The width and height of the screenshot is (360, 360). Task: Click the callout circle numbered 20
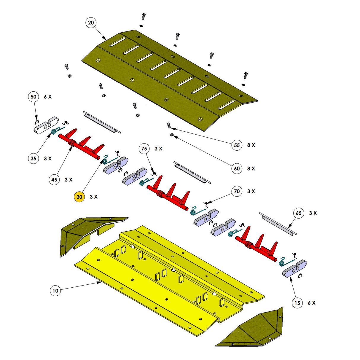pos(91,23)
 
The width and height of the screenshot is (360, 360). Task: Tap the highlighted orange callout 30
pos(79,197)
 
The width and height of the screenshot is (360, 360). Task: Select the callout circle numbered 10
pos(55,290)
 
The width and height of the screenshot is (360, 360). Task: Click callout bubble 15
pos(297,303)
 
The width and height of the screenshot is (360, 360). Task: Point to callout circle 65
pos(299,213)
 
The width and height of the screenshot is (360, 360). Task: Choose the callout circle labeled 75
pos(144,149)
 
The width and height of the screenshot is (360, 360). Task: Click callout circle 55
pos(237,145)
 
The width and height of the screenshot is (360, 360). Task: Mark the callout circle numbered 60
pos(237,168)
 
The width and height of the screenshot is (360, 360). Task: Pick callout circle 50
pos(34,97)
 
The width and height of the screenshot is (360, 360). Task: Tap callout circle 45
pos(54,180)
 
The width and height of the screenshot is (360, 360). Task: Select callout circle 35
pos(34,158)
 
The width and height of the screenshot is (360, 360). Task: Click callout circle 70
pos(237,191)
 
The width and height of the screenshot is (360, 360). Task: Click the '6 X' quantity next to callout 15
pos(311,303)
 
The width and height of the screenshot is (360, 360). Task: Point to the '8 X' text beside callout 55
pos(251,145)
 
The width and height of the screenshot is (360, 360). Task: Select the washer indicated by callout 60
pos(172,135)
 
